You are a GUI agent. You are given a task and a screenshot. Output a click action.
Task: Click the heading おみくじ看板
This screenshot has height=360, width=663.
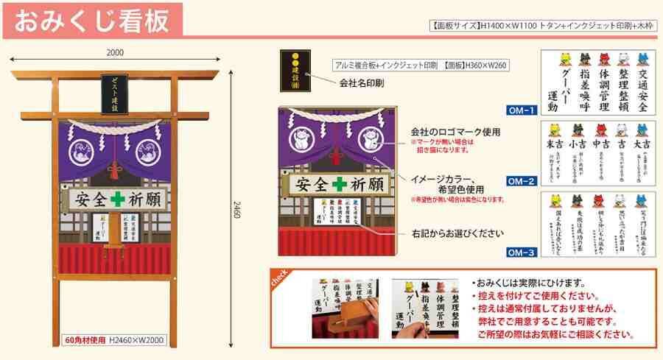point(91,19)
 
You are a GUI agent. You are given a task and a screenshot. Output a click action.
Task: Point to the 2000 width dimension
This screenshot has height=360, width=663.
point(115,52)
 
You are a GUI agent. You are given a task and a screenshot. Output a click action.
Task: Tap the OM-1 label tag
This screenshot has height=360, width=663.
point(522,111)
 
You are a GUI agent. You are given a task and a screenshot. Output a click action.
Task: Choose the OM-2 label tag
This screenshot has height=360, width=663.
point(522,180)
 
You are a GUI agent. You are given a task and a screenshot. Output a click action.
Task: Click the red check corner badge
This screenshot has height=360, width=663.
point(281,278)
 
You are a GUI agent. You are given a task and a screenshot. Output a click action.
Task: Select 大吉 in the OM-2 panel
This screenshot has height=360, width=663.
point(640,144)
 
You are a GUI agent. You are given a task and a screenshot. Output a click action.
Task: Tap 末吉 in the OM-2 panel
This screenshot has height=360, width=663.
point(554,144)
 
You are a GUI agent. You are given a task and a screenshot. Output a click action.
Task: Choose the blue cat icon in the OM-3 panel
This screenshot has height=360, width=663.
point(642,200)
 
